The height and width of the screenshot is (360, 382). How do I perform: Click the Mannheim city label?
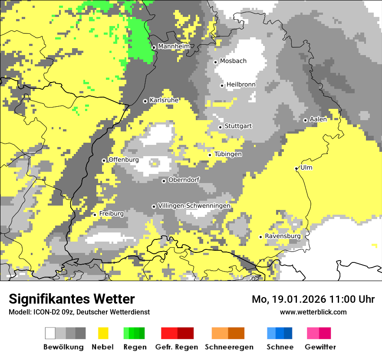point(174,46)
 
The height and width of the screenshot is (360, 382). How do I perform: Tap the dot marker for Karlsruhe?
point(145,101)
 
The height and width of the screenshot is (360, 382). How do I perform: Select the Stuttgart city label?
point(238,126)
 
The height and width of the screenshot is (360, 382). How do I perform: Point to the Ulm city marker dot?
point(296,168)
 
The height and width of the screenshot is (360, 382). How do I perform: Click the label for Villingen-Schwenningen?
point(194,206)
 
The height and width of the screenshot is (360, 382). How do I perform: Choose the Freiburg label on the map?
point(111,214)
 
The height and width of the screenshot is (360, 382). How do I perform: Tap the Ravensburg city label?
point(283,236)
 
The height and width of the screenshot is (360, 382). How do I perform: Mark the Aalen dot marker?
point(305,120)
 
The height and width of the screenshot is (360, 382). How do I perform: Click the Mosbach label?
point(233,61)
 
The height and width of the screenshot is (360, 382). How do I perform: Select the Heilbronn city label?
point(241,85)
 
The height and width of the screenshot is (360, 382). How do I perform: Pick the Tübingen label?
point(228,154)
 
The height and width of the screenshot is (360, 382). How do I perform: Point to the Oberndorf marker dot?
point(164,181)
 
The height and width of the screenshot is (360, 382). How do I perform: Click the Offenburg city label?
point(123,160)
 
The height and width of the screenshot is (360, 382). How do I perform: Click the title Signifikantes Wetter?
point(72,299)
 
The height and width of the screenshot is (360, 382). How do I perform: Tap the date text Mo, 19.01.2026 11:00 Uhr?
point(313,299)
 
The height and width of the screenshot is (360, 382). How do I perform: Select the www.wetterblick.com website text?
point(313,312)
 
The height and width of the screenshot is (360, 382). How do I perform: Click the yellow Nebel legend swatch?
point(103,333)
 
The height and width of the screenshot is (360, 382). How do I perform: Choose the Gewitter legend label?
point(320,347)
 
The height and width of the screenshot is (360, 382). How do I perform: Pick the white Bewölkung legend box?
point(50,333)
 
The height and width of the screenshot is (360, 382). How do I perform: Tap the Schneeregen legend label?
point(229,347)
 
